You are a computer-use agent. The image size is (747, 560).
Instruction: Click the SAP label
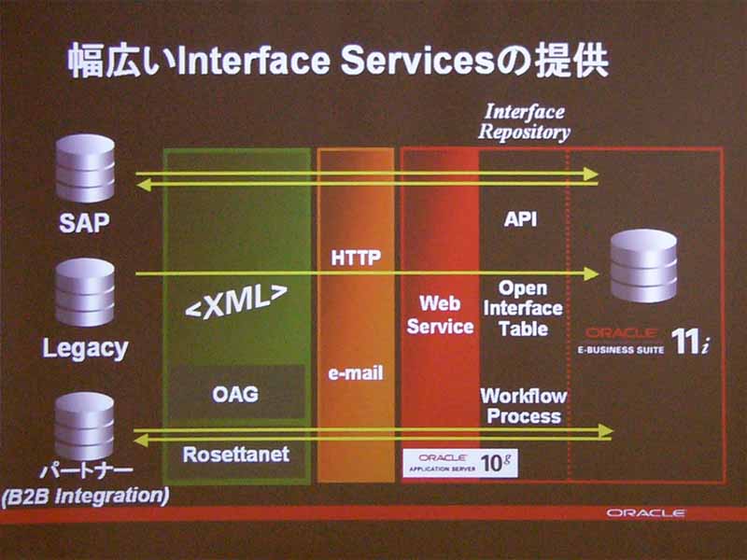tap(84, 222)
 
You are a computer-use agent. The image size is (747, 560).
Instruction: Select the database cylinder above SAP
tap(85, 168)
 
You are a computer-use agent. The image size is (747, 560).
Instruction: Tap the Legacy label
tap(85, 348)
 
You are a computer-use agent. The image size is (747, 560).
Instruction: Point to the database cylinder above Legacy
tap(85, 292)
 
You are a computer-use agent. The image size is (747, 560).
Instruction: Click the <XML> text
tap(236, 301)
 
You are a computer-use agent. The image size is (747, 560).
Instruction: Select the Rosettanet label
tap(236, 455)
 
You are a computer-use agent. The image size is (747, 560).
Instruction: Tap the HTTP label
tap(356, 258)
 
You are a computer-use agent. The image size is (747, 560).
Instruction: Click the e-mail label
tap(356, 373)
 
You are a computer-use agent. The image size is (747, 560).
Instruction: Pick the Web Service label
tap(440, 315)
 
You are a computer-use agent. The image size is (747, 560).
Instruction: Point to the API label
tap(521, 219)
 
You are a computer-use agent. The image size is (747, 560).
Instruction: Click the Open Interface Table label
tap(523, 309)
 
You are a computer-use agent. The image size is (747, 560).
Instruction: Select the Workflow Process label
tap(524, 406)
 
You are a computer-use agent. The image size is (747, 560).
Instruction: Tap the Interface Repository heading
tap(525, 122)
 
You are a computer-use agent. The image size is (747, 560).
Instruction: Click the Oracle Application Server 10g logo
tap(460, 463)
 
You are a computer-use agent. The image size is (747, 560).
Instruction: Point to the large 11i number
tap(690, 342)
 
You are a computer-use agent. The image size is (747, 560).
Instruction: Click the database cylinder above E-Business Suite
tap(643, 266)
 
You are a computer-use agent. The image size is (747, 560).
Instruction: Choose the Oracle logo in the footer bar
tap(646, 512)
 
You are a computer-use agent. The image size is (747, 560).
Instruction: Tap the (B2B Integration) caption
tap(85, 496)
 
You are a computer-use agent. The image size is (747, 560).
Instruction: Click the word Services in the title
tap(417, 61)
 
